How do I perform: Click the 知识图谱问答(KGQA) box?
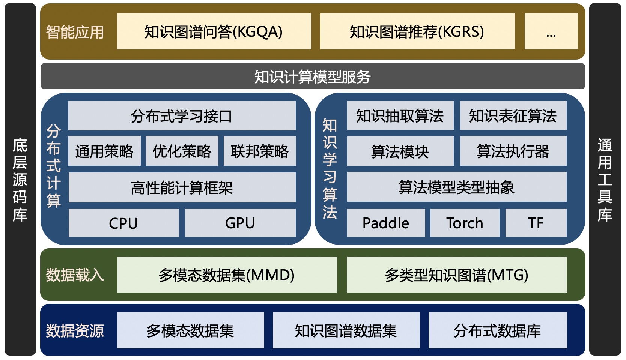(214, 31)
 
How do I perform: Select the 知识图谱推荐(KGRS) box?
(417, 31)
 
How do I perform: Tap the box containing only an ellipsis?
(551, 31)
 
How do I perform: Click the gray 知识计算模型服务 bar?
(313, 76)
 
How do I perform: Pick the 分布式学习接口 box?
(182, 116)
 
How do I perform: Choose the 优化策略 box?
(182, 151)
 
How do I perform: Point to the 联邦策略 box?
(260, 151)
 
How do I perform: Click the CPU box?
(123, 223)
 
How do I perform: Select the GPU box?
(240, 223)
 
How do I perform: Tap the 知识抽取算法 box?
(400, 116)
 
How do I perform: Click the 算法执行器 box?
(513, 151)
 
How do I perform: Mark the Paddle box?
(386, 223)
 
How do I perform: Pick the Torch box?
(465, 223)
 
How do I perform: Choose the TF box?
(536, 223)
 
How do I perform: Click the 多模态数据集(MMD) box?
(227, 275)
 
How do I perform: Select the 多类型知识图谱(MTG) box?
(457, 275)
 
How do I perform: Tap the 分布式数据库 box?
(497, 330)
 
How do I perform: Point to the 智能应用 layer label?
(75, 32)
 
